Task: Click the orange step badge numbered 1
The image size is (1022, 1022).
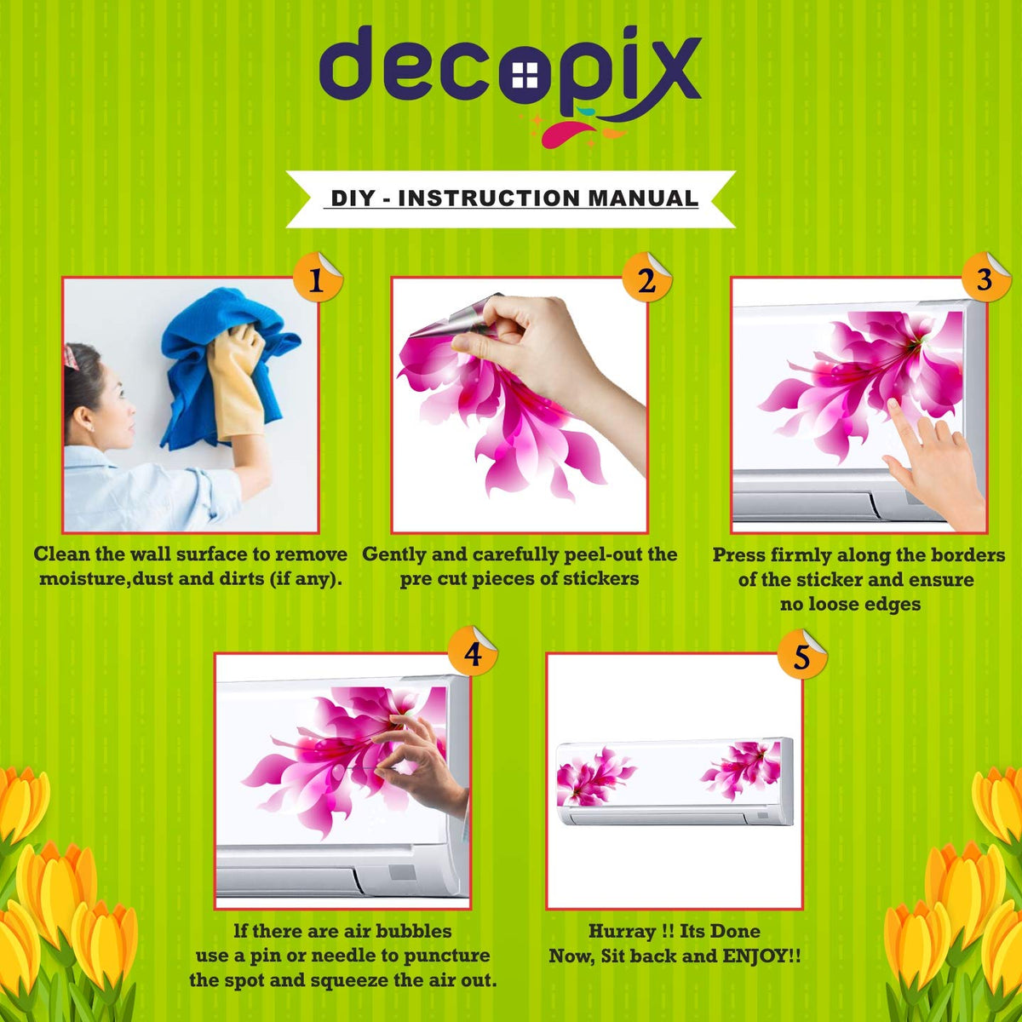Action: tap(317, 278)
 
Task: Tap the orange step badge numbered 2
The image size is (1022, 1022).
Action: tap(646, 278)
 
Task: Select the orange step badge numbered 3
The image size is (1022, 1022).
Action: tap(985, 278)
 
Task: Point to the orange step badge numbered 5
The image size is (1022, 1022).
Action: tap(801, 655)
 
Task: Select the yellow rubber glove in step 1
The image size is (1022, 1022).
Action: tap(237, 381)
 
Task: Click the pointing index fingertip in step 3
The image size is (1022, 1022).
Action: tap(893, 405)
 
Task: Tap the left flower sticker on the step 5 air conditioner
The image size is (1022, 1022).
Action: tap(594, 774)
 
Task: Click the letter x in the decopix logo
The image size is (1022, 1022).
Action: tap(669, 70)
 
